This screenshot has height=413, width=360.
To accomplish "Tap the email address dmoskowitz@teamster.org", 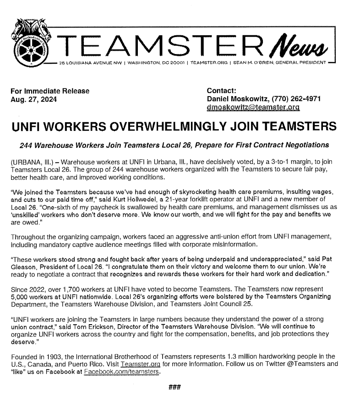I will pos(253,107).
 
